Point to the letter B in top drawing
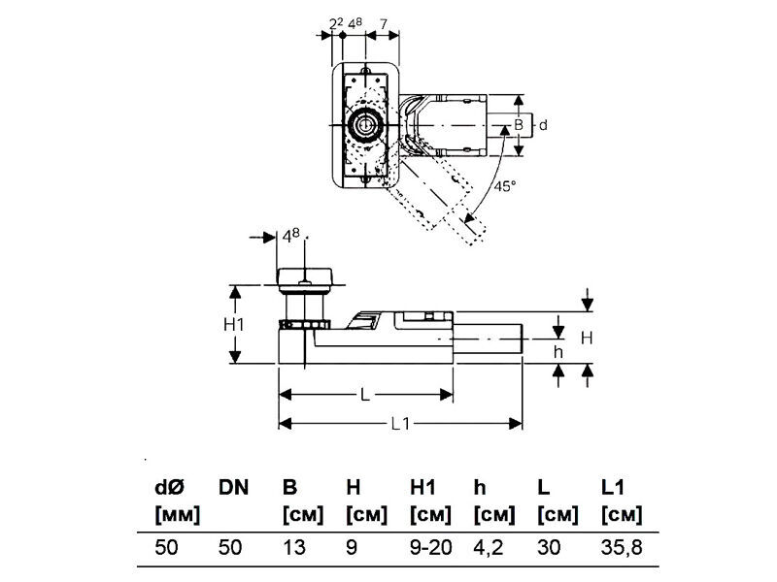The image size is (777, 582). [x=519, y=124]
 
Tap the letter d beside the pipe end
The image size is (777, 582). [x=543, y=124]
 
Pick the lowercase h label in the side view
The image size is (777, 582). [x=557, y=352]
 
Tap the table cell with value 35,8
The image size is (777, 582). [x=622, y=547]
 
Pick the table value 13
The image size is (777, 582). [x=293, y=547]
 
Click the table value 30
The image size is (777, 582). [x=549, y=547]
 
